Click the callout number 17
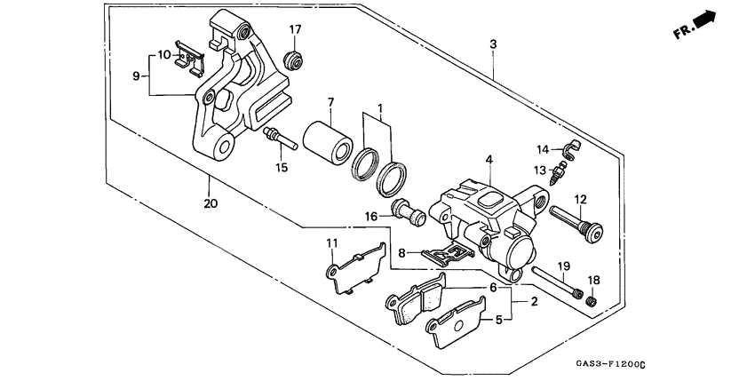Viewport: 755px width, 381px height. pos(296,29)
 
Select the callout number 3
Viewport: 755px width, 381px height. pos(492,44)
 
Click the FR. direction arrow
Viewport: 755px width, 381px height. pos(703,19)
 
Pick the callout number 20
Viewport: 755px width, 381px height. pos(210,203)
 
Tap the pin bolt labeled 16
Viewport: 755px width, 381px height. pos(409,213)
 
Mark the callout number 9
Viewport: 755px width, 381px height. pos(138,76)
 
